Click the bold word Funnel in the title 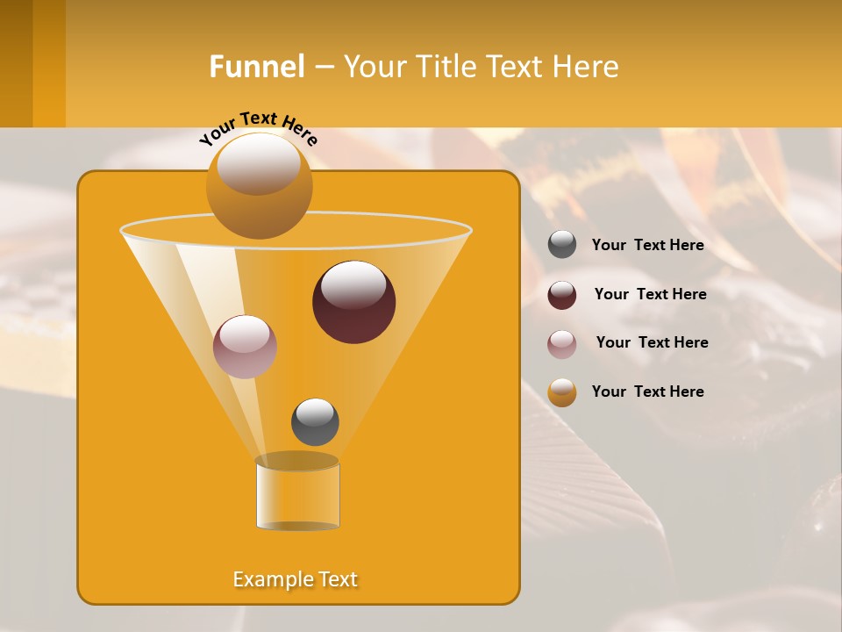256,67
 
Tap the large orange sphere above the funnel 259,186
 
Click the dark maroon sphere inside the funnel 353,302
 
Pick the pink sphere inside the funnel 245,347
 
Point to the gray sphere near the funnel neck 315,422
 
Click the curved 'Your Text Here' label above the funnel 258,128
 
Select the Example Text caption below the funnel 296,579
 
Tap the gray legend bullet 562,245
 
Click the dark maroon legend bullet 562,295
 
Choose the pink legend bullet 562,344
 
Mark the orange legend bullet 562,392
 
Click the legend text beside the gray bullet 647,246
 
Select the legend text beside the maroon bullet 650,295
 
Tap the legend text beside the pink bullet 652,343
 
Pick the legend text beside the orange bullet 647,391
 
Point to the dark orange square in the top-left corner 17,63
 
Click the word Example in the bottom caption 271,579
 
